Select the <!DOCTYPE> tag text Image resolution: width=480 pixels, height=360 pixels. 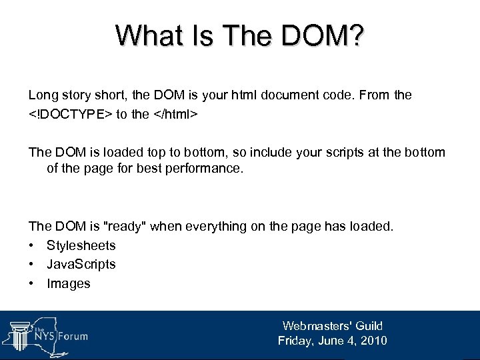[x=70, y=114]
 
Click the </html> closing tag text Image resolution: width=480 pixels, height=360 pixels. [x=173, y=114]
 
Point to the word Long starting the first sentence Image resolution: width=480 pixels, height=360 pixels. [x=42, y=95]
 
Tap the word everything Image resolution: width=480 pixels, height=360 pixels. [x=216, y=226]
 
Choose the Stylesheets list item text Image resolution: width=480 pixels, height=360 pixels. [x=81, y=245]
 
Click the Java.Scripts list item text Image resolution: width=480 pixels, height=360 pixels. [x=81, y=264]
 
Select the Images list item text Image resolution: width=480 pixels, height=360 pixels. [x=68, y=283]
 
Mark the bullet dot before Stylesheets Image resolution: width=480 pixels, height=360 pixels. [x=32, y=246]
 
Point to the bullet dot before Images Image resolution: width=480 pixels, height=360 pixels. [x=32, y=284]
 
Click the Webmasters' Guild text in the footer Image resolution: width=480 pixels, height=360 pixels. [x=332, y=326]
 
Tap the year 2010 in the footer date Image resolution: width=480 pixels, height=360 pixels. [x=371, y=341]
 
